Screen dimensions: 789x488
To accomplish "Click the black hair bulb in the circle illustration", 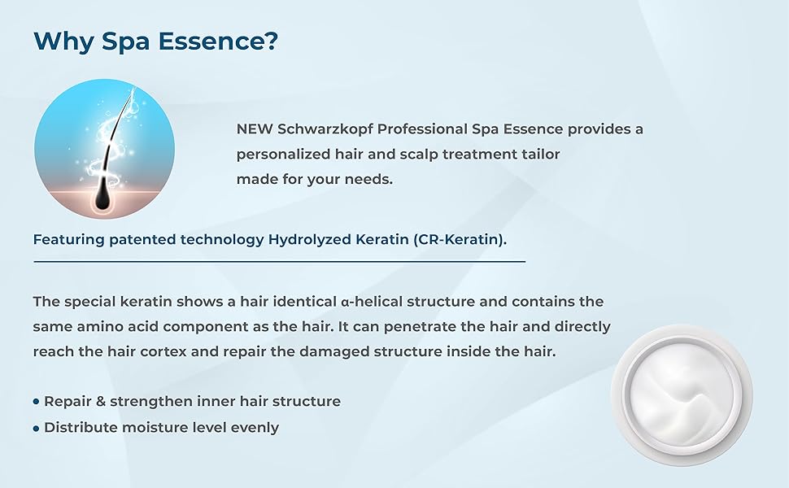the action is tap(104, 197).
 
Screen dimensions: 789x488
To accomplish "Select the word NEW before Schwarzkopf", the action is tap(255, 129).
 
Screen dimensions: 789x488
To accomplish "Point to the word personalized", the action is tap(283, 155).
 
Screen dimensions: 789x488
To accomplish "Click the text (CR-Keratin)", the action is tap(459, 239).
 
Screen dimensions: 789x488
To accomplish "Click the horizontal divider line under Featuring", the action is tap(280, 262).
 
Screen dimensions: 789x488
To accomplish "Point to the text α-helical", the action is tap(372, 302).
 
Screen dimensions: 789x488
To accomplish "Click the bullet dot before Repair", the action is tap(37, 402).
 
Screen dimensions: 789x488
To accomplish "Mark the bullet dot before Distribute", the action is tap(37, 429).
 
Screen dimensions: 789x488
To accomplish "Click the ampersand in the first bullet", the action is tap(100, 402).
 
